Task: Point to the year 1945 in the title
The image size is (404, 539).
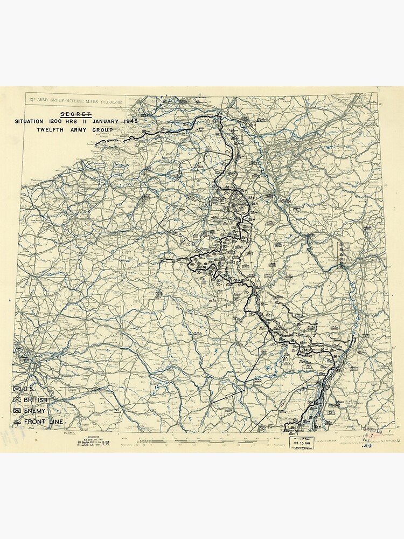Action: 130,121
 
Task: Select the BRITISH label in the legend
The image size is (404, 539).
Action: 36,400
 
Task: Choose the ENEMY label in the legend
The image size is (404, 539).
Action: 34,411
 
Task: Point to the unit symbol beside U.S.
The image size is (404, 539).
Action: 17,389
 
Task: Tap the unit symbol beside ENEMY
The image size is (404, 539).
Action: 17,411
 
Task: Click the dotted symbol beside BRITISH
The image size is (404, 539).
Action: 17,400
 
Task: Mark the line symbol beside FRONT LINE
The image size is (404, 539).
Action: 17,421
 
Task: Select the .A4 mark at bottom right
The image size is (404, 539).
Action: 367,446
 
